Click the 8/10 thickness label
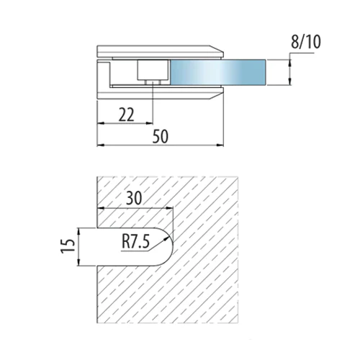click(x=306, y=42)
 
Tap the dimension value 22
click(x=126, y=114)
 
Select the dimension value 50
click(x=161, y=136)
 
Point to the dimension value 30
click(x=134, y=198)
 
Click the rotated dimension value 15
click(x=68, y=246)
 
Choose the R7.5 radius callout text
click(x=135, y=242)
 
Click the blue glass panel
click(x=218, y=72)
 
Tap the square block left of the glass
click(x=153, y=70)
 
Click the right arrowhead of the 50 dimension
click(x=220, y=145)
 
